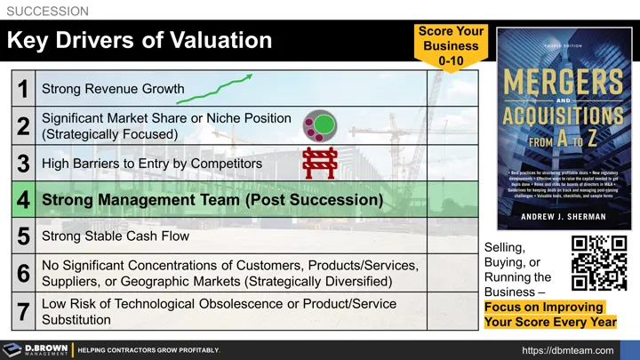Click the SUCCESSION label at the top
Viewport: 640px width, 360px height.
(x=47, y=12)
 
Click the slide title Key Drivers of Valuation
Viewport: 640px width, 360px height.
(x=140, y=40)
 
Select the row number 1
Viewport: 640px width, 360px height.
(x=22, y=89)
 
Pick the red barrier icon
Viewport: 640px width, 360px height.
(x=318, y=164)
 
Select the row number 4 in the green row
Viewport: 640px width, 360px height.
(x=23, y=201)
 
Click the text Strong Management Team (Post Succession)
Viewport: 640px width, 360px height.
(x=212, y=201)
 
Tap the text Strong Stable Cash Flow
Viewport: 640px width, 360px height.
(x=116, y=236)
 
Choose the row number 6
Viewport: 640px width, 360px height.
(x=23, y=274)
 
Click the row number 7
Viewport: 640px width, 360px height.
(x=23, y=311)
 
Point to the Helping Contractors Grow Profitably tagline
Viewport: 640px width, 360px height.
(x=148, y=350)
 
